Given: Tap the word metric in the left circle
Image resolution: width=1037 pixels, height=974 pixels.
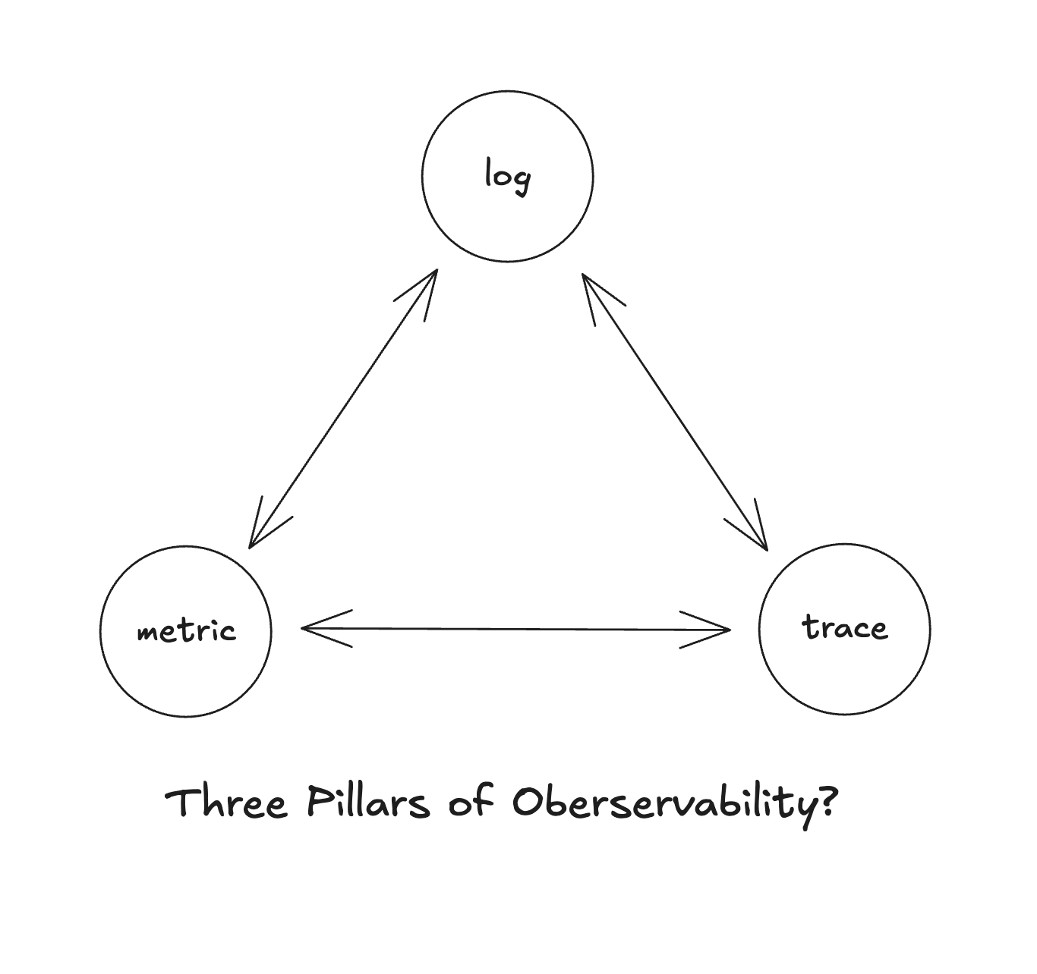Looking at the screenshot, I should (x=186, y=631).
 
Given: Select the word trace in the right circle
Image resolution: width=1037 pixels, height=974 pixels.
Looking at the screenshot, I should (x=844, y=628).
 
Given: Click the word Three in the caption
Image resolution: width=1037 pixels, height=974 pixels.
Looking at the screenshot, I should (x=227, y=803).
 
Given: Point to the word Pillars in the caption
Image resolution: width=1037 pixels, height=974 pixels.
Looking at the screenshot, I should (x=367, y=803).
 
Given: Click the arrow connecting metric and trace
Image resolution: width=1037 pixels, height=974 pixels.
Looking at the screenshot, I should (x=516, y=629).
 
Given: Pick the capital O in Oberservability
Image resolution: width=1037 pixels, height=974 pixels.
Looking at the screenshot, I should (x=527, y=802).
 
